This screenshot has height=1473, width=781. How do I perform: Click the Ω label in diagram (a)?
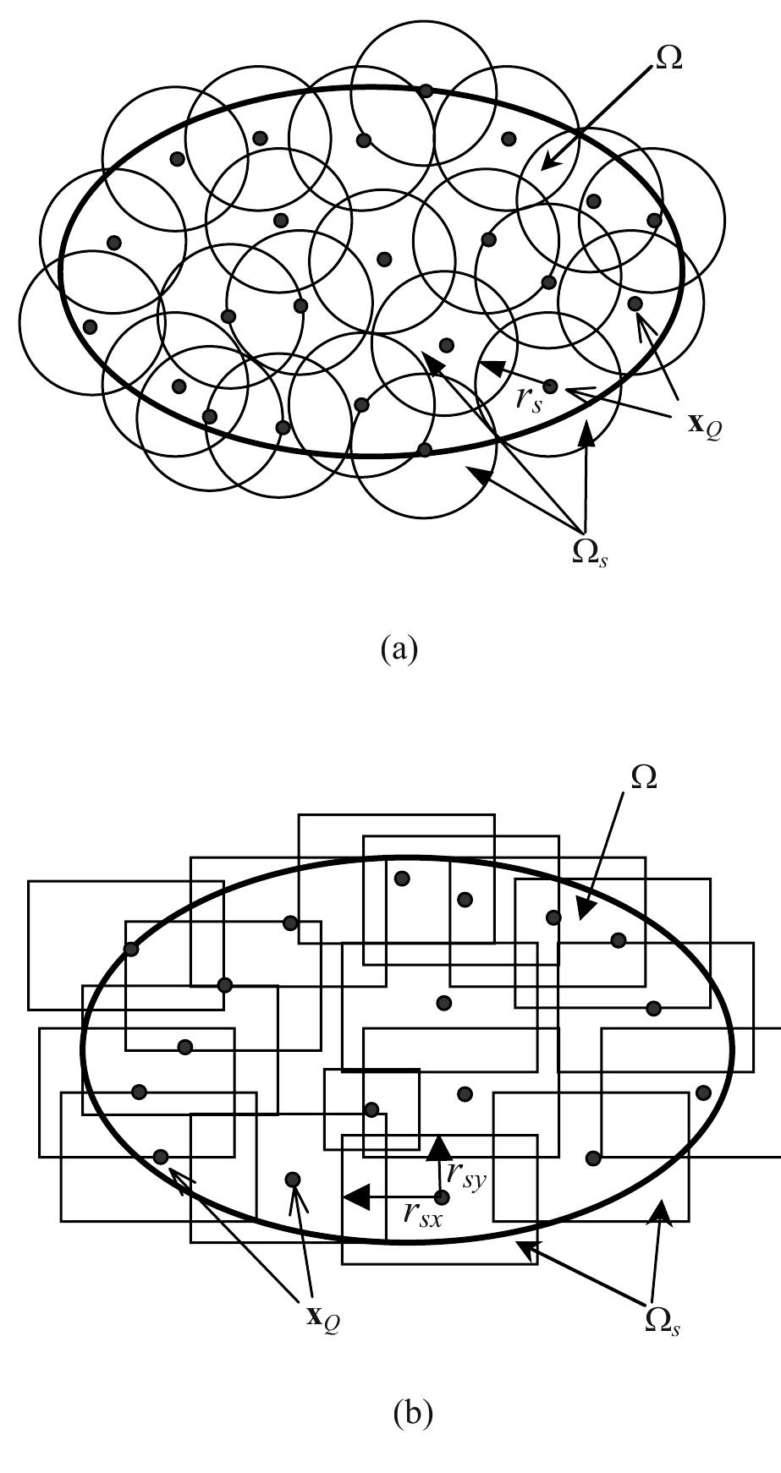(x=668, y=58)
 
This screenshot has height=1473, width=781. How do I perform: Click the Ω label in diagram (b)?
(x=644, y=777)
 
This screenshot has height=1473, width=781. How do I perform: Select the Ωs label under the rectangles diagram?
(x=663, y=1321)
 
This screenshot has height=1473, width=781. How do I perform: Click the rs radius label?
(x=529, y=397)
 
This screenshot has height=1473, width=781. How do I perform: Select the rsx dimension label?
(x=422, y=1214)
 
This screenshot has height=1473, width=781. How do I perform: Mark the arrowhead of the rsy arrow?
(x=438, y=1147)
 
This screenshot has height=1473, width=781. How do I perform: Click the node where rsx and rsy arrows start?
(x=441, y=1196)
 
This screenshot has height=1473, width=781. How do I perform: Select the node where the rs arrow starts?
(x=550, y=386)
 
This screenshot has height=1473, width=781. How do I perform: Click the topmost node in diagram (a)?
(x=426, y=90)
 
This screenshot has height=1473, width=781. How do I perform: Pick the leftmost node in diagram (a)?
(x=91, y=326)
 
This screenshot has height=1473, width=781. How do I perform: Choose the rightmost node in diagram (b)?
(x=703, y=1092)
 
